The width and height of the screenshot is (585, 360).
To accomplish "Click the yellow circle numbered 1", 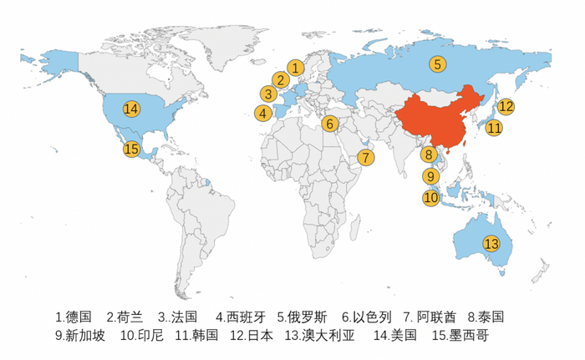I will click(x=295, y=67).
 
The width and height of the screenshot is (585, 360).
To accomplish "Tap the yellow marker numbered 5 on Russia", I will click(x=438, y=63).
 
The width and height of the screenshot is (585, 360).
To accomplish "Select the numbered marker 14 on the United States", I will click(x=131, y=108).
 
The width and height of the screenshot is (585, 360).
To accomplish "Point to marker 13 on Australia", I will click(x=491, y=244).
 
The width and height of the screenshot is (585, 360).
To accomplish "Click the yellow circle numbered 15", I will click(x=131, y=150).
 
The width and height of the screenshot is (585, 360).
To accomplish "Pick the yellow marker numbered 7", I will click(x=368, y=157).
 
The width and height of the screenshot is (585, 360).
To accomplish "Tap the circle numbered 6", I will click(x=329, y=124).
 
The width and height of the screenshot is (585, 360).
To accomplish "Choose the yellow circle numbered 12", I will click(x=506, y=106).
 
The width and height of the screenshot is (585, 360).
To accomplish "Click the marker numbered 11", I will click(x=494, y=128).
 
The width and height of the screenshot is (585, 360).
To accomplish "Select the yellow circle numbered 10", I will click(x=430, y=198).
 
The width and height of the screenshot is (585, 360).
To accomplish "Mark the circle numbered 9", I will click(x=430, y=176).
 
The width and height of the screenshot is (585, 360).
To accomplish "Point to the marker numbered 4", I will click(x=262, y=113).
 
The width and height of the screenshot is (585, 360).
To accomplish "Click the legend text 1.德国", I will click(x=74, y=317).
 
